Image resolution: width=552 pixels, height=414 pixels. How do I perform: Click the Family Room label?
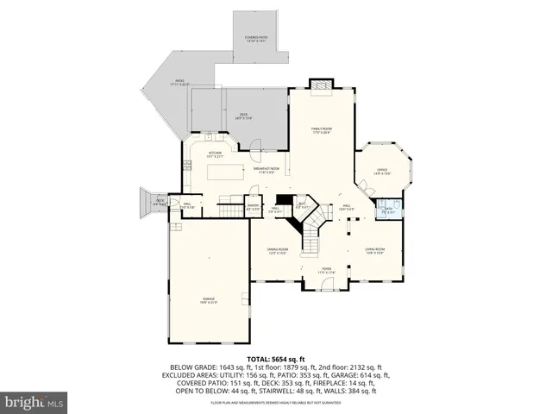(x=322, y=130)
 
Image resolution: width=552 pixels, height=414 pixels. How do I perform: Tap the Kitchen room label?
(x=215, y=155)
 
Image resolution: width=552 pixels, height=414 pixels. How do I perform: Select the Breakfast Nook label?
(x=267, y=170)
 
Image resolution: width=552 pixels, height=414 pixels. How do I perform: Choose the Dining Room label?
(x=276, y=251)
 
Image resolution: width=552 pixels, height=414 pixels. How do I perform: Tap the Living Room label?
(x=375, y=251)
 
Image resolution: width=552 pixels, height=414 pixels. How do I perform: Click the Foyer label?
(x=327, y=272)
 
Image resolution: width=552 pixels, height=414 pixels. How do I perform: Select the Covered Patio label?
(x=257, y=39)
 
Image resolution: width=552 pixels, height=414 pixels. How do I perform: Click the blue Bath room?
(x=386, y=208)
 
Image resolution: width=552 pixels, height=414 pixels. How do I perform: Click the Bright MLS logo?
(x=34, y=402)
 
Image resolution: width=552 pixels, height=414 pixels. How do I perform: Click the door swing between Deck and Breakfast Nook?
(x=256, y=154)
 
